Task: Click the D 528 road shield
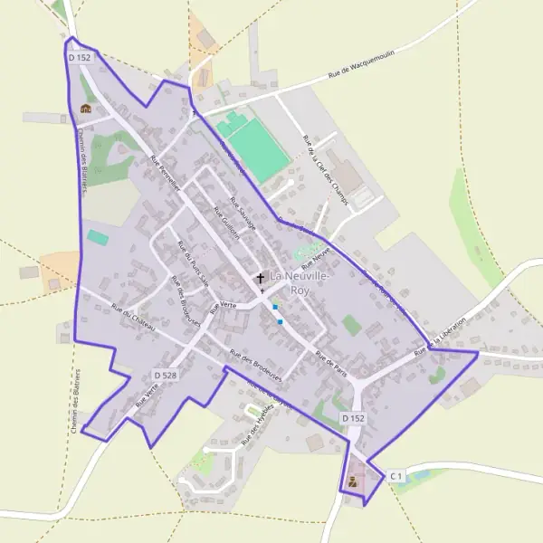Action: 165,374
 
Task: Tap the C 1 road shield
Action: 396,475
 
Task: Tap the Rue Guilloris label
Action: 226,222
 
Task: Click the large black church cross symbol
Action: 261,279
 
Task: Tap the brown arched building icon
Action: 85,109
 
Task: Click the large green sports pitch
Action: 259,148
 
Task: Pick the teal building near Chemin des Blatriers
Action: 97,237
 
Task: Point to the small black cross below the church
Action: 262,292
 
